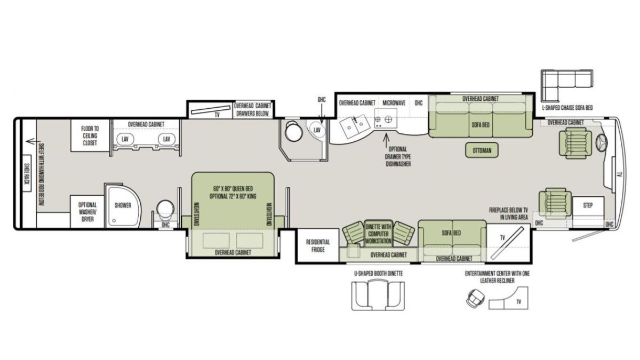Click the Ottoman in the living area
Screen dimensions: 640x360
point(482,150)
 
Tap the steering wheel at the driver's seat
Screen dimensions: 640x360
point(602,142)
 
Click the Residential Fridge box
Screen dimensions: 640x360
point(318,245)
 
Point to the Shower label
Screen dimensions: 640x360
point(123,205)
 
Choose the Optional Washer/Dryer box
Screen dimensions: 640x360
point(87,212)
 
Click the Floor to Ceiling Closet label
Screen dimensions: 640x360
point(90,135)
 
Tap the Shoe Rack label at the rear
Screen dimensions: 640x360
point(26,174)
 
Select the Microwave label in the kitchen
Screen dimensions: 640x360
point(394,103)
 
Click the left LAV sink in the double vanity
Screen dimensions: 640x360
point(125,139)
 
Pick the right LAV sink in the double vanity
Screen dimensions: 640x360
point(166,139)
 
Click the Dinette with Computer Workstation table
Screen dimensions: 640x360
point(378,234)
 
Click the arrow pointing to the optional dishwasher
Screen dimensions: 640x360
point(386,139)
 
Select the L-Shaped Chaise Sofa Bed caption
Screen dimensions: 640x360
point(567,108)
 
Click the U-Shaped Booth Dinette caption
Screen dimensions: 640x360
point(378,274)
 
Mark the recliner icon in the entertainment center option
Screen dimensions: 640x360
point(475,298)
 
